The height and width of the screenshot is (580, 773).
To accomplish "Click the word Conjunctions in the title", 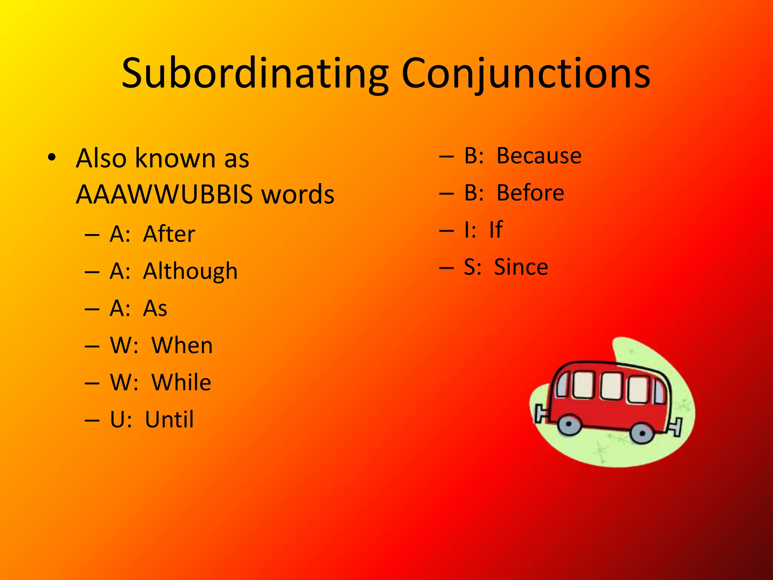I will (526, 74).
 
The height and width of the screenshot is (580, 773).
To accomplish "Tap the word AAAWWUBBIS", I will (164, 194).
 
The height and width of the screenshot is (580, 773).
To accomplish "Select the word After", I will (169, 234).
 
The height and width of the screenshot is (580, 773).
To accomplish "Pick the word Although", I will (190, 271).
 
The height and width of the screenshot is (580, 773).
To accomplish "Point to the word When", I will (182, 346).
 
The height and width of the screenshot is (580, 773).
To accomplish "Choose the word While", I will (181, 383).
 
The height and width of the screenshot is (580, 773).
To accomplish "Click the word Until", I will (169, 420).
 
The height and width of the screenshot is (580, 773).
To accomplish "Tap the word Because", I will (539, 156).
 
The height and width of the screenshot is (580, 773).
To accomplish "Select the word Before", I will (530, 193).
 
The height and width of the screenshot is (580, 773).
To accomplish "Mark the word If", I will (496, 230).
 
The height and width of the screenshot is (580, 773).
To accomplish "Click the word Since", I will (521, 267).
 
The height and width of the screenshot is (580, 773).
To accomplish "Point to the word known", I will (176, 158).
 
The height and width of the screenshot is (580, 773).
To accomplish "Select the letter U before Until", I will (118, 420).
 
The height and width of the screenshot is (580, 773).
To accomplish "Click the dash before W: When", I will (92, 346).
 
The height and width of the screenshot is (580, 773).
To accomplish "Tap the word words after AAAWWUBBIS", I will (298, 194).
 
